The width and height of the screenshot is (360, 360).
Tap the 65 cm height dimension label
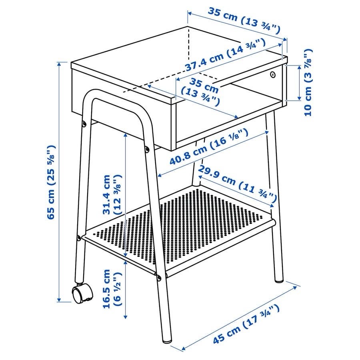click(x=51, y=182)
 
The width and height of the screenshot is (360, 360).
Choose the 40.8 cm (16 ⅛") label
click(x=209, y=147)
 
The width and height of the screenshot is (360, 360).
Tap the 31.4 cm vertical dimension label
click(x=112, y=195)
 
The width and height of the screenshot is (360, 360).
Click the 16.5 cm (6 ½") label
click(x=112, y=289)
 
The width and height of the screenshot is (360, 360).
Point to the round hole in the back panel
click(x=272, y=74)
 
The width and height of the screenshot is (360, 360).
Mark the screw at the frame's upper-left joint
click(x=84, y=124)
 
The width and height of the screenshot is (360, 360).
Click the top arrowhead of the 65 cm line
click(x=59, y=64)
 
